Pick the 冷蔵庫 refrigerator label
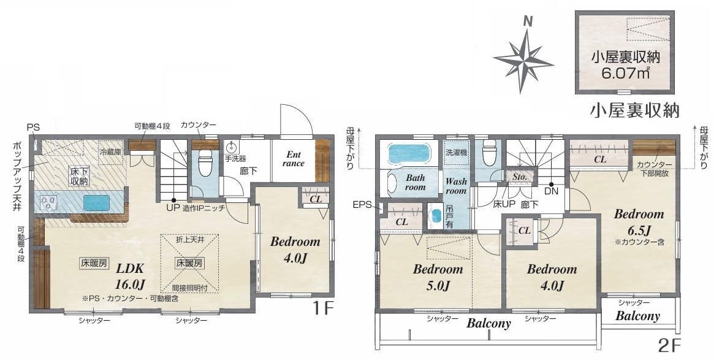(x=111, y=151)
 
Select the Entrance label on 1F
(x=294, y=159)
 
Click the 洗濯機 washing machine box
(x=457, y=151)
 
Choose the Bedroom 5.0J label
(x=438, y=277)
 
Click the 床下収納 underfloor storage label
(x=79, y=175)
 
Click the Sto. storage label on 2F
(x=520, y=177)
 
